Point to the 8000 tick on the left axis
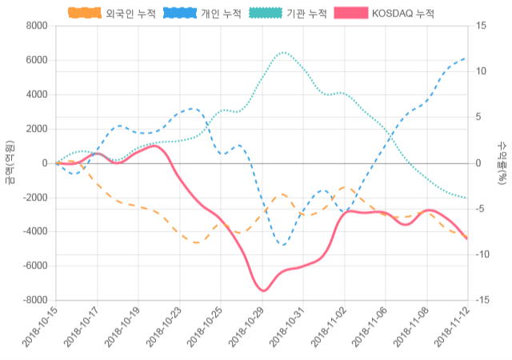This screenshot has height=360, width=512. click(x=37, y=26)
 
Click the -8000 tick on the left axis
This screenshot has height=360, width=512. click(x=34, y=300)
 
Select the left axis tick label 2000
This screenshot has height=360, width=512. click(x=37, y=129)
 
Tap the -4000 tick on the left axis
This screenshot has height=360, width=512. click(x=34, y=232)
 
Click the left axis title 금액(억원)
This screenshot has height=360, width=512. click(x=9, y=162)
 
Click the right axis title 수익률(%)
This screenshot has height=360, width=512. click(x=502, y=162)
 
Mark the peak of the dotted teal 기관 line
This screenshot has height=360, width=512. click(x=283, y=53)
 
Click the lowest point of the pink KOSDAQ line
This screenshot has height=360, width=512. click(x=262, y=290)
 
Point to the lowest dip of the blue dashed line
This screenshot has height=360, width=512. click(x=282, y=244)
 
